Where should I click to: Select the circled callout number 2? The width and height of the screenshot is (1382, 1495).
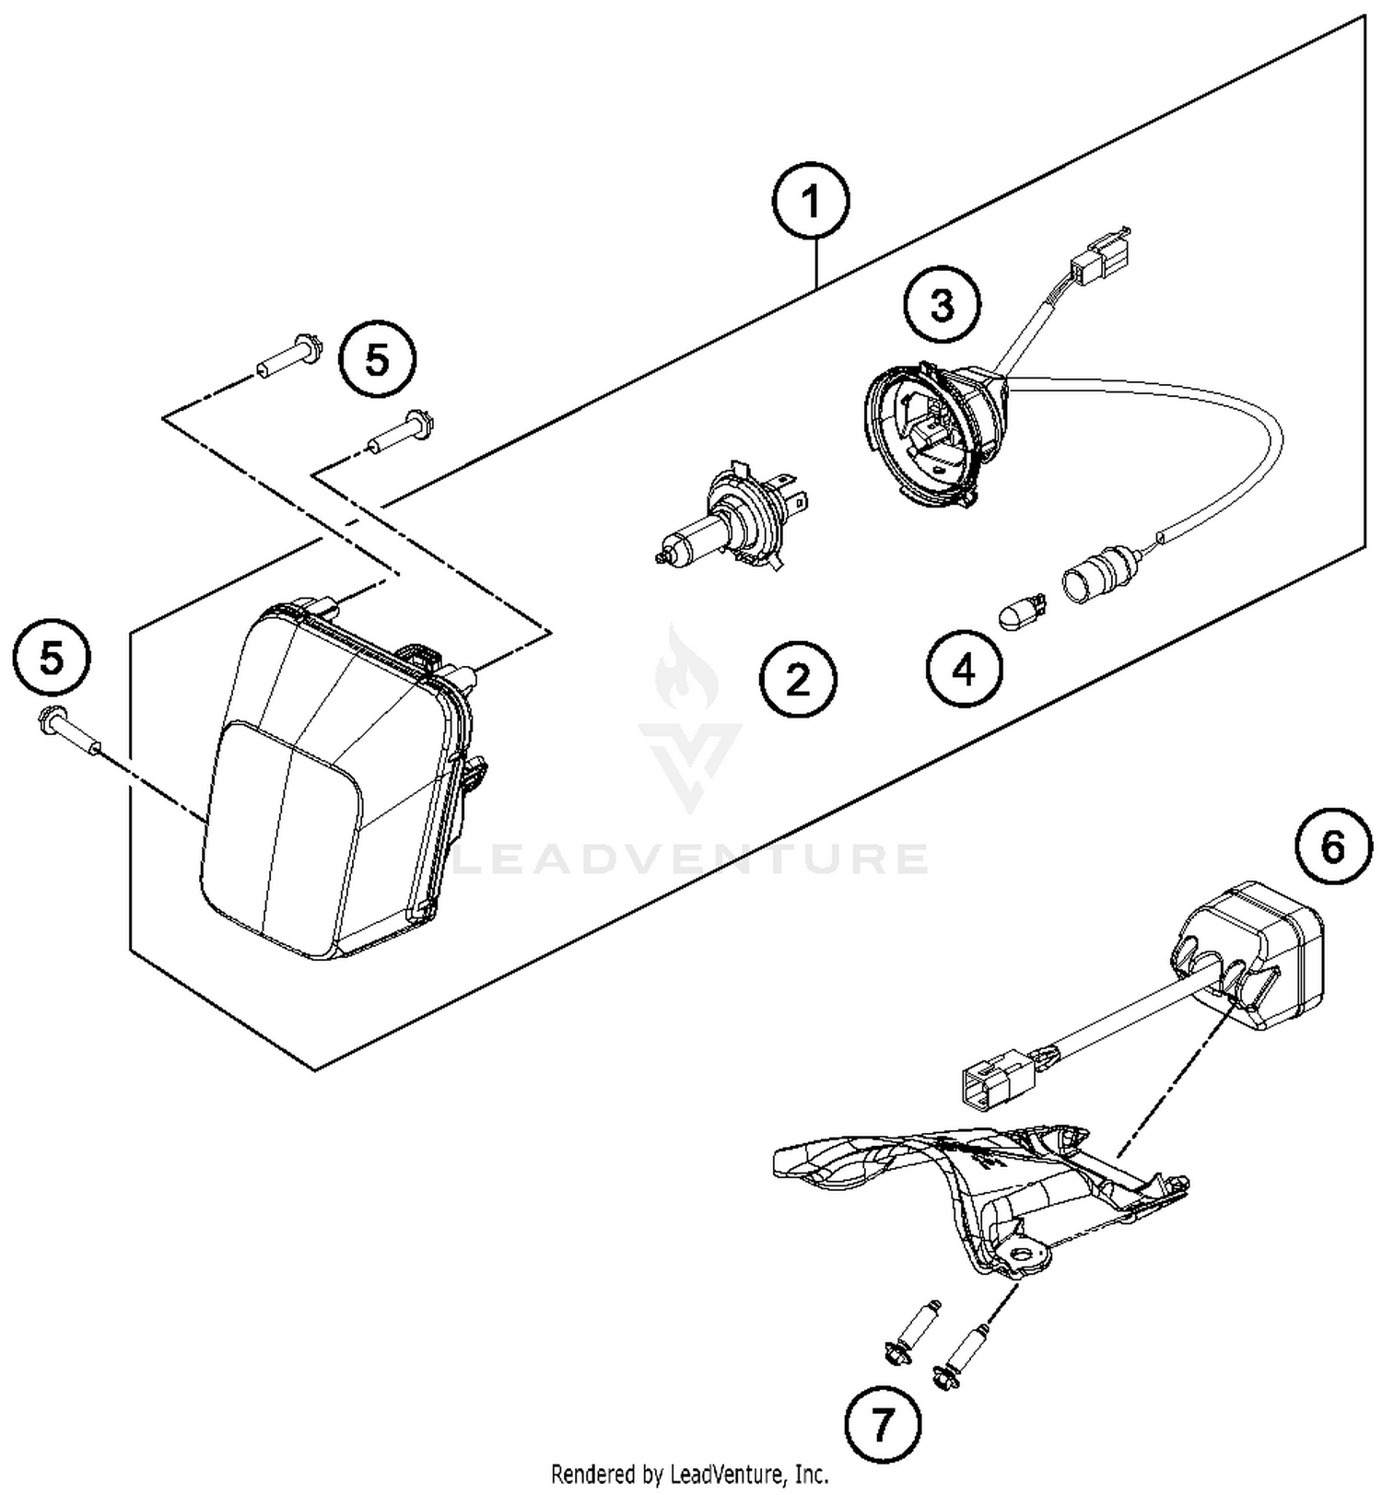(x=798, y=680)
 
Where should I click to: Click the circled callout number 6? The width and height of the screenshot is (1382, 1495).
(x=1333, y=847)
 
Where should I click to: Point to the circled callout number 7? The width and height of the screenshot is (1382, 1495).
(x=882, y=1426)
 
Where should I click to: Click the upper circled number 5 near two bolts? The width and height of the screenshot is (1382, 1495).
(x=378, y=360)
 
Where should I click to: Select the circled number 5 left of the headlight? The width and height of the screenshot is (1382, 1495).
(x=53, y=659)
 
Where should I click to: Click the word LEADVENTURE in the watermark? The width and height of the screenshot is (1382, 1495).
(x=691, y=858)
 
